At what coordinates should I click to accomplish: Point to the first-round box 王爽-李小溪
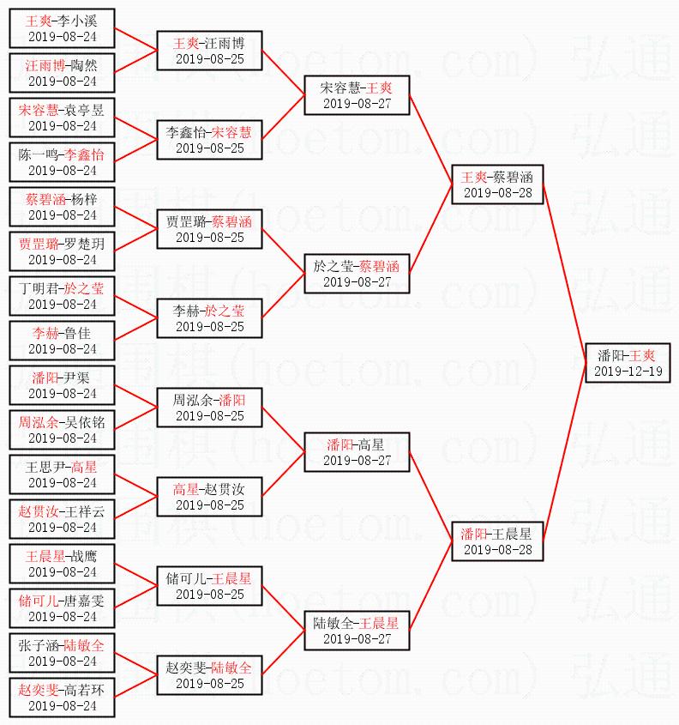(62, 27)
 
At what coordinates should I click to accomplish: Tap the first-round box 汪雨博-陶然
(62, 72)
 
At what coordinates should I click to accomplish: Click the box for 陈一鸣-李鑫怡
(62, 161)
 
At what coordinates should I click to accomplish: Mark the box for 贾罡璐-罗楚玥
(62, 251)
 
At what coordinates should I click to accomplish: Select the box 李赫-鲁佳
(62, 340)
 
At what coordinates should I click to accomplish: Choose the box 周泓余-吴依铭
(62, 429)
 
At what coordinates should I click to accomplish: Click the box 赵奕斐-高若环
(62, 697)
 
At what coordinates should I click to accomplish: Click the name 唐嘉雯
(86, 600)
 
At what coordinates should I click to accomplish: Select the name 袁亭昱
(86, 109)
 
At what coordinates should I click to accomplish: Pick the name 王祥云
(86, 511)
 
